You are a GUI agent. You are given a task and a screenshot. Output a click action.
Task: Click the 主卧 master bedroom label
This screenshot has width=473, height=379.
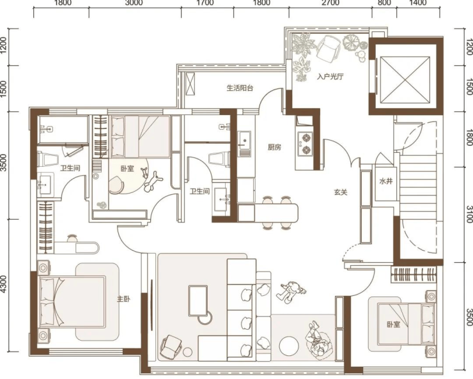click(123, 299)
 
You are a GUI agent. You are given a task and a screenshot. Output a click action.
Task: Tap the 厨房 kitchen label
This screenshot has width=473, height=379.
click(274, 147)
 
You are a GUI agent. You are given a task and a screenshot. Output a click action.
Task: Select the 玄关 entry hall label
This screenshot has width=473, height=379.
click(341, 192)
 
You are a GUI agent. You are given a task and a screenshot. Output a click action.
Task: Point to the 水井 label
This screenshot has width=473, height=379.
click(386, 182)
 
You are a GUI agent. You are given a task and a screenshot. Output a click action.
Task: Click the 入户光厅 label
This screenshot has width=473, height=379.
click(330, 77)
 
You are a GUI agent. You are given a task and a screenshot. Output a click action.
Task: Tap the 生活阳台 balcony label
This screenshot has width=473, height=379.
click(240, 88)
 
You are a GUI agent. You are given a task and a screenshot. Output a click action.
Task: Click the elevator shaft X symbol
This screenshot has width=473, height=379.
click(405, 80)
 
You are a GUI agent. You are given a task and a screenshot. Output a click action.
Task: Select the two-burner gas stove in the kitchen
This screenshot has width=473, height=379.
click(306, 144)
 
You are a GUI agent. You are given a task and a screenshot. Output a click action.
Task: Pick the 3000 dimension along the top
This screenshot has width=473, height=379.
click(134, 3)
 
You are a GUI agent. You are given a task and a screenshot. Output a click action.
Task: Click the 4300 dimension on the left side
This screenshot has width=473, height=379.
click(3, 284)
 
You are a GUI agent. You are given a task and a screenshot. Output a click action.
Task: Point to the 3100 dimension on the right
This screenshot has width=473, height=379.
click(469, 214)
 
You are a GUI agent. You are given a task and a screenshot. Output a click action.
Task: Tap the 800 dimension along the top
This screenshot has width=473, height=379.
click(384, 3)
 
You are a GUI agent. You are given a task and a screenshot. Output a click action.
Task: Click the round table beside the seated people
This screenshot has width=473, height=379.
click(289, 346)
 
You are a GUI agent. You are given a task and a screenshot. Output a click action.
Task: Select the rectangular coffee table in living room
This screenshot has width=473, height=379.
click(198, 301)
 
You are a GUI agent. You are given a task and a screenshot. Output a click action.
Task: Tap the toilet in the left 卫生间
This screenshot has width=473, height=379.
click(47, 159)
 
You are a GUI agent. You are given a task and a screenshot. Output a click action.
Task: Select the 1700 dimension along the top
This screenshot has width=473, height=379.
click(207, 3)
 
